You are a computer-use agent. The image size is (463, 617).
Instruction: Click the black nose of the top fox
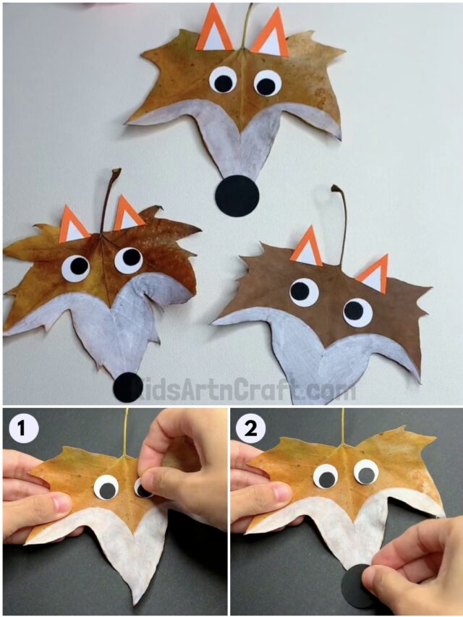click(238, 196)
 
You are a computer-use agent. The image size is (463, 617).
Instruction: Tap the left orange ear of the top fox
click(214, 30)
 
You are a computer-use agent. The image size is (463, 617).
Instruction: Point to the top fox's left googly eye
click(224, 80)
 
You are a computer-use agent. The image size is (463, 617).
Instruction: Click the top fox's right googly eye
click(267, 84)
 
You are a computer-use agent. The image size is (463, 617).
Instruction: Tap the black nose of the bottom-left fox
click(128, 387)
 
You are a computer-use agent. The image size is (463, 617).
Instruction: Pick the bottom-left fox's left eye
click(75, 268)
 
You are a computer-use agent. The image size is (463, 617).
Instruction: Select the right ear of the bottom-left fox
click(127, 215)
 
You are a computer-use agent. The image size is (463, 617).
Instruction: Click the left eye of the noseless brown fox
click(304, 292)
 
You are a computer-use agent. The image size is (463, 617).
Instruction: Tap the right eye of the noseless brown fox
click(357, 312)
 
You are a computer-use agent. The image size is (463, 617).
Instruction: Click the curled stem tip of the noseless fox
click(336, 189)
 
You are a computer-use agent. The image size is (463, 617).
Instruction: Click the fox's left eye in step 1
click(106, 488)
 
